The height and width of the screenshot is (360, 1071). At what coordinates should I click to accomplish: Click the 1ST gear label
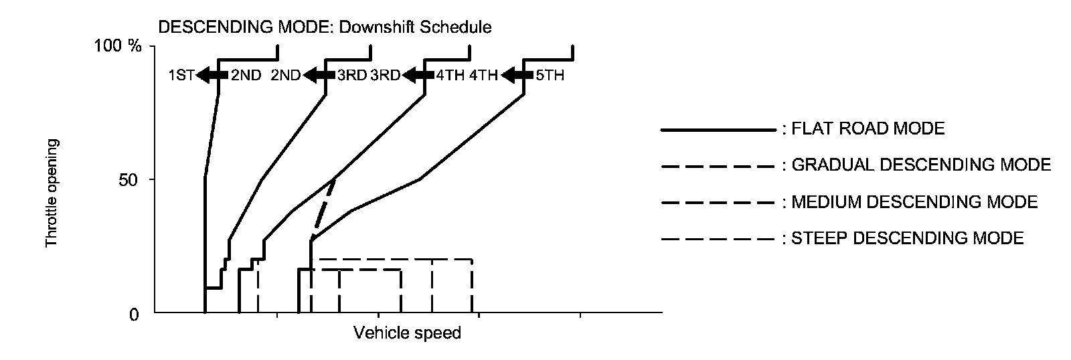coord(181,76)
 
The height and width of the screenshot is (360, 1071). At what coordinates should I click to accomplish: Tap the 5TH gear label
coord(550,76)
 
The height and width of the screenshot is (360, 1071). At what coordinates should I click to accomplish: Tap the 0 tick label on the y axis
coord(133,314)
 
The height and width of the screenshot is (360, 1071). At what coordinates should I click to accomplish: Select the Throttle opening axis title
coord(52,193)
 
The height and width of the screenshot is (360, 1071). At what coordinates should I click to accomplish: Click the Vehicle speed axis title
coord(407,333)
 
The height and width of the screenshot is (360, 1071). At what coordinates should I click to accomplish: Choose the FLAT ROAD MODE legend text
coord(868,129)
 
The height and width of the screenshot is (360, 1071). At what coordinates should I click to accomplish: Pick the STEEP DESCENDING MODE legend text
coord(907,238)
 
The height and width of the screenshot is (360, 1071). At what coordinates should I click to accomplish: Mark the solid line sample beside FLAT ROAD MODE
coord(718,130)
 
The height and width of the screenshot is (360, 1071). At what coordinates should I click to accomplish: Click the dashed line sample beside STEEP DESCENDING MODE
coord(718,239)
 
